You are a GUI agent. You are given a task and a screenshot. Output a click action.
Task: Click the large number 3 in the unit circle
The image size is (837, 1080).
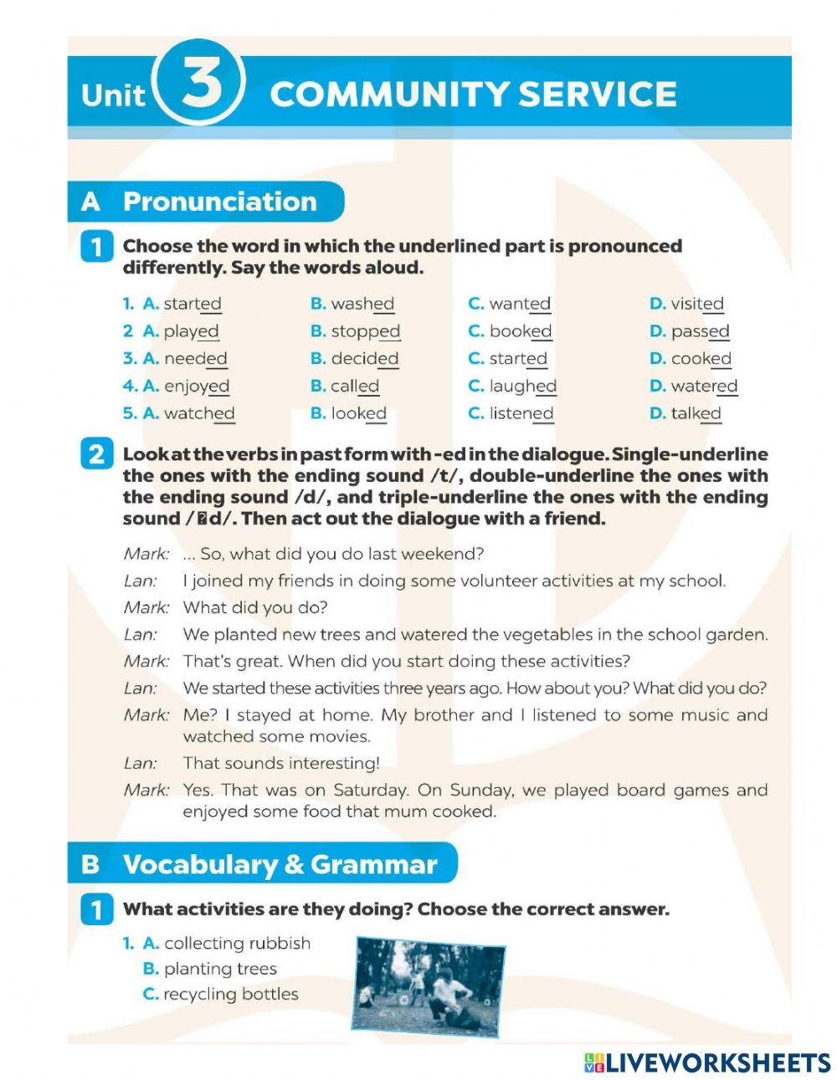[x=201, y=86]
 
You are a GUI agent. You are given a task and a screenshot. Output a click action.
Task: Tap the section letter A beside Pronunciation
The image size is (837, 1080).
[x=90, y=202]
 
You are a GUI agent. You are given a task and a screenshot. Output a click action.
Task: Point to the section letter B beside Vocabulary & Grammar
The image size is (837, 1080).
[x=90, y=864]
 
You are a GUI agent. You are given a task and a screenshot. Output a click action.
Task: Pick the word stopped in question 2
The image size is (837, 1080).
[x=365, y=331]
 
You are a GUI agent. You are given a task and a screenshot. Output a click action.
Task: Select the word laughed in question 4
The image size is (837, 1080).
[x=522, y=386]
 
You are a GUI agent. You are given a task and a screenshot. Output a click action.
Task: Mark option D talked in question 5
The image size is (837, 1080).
[x=695, y=413]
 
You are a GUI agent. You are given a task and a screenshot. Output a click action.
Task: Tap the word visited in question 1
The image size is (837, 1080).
[x=697, y=304]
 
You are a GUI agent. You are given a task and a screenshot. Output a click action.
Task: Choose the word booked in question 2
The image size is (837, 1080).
[x=520, y=331]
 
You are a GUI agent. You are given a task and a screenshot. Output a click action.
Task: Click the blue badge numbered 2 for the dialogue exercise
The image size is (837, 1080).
[x=96, y=454]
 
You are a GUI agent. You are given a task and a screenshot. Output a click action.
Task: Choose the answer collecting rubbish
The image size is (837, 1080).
[x=237, y=943]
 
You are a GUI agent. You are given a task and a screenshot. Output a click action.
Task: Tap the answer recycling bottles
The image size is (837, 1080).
[x=230, y=994]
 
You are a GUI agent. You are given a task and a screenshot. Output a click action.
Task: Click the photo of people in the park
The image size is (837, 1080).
[x=429, y=985]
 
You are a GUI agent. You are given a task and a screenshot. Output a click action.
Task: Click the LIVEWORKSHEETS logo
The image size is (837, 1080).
[x=706, y=1062]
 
